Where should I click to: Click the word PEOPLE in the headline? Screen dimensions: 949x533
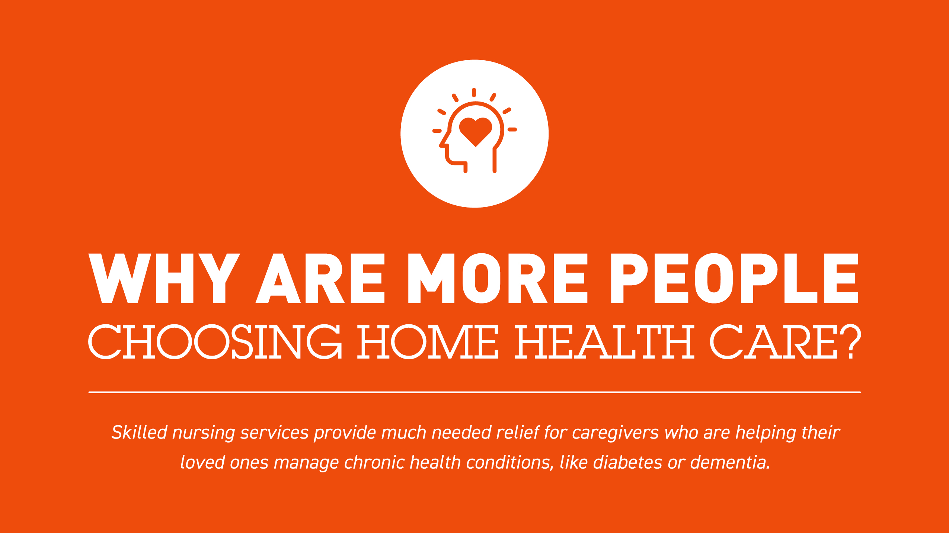tap(735, 278)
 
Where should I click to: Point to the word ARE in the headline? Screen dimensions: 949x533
tap(320, 278)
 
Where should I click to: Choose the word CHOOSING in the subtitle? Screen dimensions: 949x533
tap(215, 341)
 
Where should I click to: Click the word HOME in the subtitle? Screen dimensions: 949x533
tap(428, 341)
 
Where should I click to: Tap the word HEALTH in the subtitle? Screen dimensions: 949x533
tap(604, 341)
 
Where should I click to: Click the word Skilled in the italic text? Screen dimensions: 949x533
tap(139, 432)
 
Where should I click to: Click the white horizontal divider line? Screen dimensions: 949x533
tap(474, 392)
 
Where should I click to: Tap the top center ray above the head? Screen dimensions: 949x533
tap(474, 93)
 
